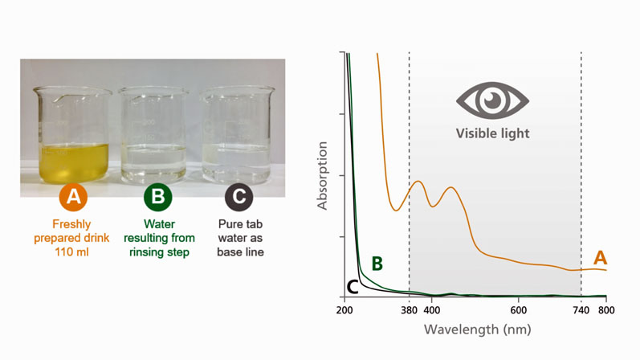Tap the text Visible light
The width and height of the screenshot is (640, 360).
tap(492, 133)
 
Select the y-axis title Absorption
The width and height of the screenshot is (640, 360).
tap(323, 176)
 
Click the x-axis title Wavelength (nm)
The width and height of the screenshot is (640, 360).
tap(477, 329)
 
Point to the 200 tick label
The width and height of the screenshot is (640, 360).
tap(345, 310)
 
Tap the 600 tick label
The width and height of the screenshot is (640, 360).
tap(519, 310)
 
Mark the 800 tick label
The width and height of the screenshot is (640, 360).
tap(607, 310)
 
